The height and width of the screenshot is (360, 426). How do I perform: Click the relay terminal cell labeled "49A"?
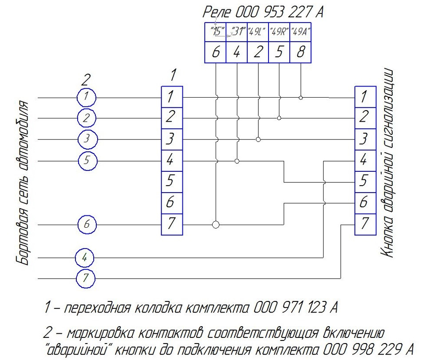tap(300, 32)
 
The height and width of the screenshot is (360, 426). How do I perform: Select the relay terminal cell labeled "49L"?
tap(258, 32)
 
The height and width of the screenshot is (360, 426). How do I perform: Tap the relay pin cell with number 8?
tap(300, 52)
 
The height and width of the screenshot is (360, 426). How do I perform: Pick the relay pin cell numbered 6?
tap(215, 52)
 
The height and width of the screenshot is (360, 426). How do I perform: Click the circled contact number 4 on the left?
tap(85, 257)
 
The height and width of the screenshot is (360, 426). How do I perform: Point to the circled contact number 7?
tap(86, 278)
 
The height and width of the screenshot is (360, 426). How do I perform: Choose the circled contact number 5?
tap(87, 161)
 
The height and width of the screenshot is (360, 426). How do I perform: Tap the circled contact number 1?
tap(87, 97)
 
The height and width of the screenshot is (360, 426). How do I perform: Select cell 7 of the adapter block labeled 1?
tap(172, 225)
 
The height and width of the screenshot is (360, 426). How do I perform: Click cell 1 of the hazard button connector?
tap(365, 97)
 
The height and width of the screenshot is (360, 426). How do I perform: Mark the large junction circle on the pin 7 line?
tap(216, 225)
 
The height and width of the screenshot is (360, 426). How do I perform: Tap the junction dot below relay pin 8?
tap(300, 98)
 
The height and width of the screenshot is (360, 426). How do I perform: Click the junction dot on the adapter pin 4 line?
tap(237, 161)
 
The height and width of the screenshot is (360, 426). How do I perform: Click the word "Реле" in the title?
tap(217, 12)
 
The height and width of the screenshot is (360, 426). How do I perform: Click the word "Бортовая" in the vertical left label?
tap(23, 237)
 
